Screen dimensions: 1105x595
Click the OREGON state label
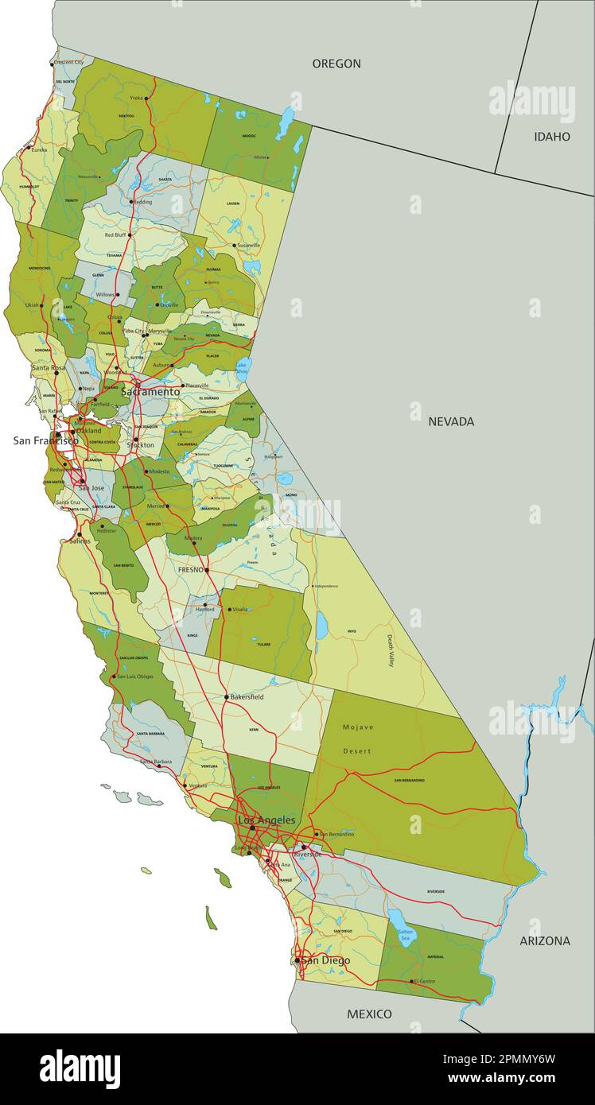tap(336, 64)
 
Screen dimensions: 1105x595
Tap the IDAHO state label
tap(552, 137)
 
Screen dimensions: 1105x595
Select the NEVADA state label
tap(451, 421)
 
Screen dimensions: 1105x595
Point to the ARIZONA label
tap(545, 940)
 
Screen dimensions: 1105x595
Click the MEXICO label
tap(369, 1014)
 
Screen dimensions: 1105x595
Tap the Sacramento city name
tap(150, 392)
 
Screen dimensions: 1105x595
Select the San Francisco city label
tap(45, 440)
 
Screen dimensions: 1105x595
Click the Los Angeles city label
tap(266, 820)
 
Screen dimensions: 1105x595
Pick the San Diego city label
tap(325, 960)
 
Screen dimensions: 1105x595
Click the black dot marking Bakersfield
tap(227, 697)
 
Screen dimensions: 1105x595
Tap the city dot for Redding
tap(131, 202)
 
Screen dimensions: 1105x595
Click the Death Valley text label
tap(391, 650)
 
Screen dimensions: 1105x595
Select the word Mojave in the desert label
tap(357, 727)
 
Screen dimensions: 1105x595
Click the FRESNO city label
tap(190, 570)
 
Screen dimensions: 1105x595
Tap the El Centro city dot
tap(413, 981)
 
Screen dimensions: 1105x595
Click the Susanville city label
tap(249, 246)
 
